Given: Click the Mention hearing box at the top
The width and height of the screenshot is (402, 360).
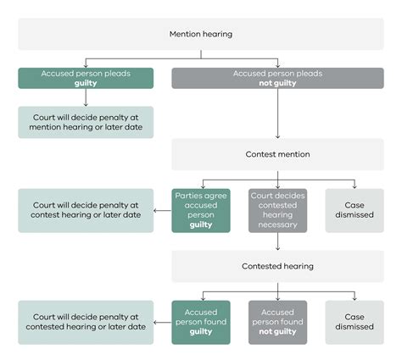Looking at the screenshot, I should click(x=201, y=34).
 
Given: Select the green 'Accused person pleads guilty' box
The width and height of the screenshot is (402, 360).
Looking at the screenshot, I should click(x=86, y=79).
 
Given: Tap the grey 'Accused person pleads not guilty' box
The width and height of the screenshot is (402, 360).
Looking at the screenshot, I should click(x=277, y=79).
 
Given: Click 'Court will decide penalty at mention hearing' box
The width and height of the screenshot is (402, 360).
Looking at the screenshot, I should click(x=86, y=123).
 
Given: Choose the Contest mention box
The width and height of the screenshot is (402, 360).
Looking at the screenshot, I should click(x=277, y=155).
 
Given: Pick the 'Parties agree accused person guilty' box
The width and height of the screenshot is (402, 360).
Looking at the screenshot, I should click(x=200, y=209).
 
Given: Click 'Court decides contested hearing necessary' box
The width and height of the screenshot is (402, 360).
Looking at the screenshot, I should click(x=277, y=209).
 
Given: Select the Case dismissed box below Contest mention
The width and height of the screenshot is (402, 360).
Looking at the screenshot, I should click(x=354, y=209).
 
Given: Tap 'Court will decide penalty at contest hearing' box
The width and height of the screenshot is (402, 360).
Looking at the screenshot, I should click(x=86, y=211).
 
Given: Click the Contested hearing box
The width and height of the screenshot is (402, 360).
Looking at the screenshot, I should click(x=277, y=266).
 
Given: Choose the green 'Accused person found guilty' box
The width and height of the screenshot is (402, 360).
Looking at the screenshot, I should click(x=200, y=321).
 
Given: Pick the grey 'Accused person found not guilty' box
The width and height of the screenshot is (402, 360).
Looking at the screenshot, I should click(x=277, y=321).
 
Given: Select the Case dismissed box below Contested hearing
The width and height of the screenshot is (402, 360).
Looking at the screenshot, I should click(x=354, y=321).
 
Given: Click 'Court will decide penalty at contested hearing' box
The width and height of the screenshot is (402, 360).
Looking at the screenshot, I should click(x=86, y=321).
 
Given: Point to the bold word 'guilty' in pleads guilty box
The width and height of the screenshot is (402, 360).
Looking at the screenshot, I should click(x=86, y=84).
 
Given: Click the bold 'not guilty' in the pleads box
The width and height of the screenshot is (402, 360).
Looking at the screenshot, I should click(x=277, y=84).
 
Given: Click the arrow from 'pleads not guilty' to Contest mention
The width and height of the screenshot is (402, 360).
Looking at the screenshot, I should click(x=277, y=114).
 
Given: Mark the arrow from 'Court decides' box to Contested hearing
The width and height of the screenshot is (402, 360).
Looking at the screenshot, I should click(x=277, y=241).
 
